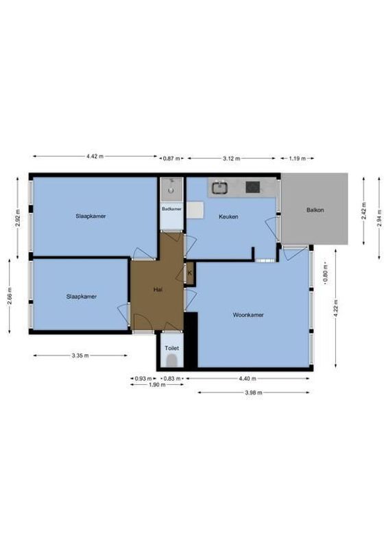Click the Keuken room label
pyautogui.click(x=228, y=216)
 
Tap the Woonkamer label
pyautogui.click(x=248, y=315)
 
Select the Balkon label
pyautogui.click(x=315, y=210)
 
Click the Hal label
pyautogui.click(x=158, y=290)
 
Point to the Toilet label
pyautogui.click(x=171, y=348)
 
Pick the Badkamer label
pyautogui.click(x=171, y=208)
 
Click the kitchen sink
pyautogui.click(x=221, y=186)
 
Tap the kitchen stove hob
pyautogui.click(x=253, y=186)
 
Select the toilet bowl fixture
pyautogui.click(x=172, y=361)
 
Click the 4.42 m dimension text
pyautogui.click(x=95, y=157)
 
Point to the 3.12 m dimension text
pyautogui.click(x=232, y=158)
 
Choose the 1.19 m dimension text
pyautogui.click(x=296, y=158)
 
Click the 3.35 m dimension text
pyautogui.click(x=80, y=356)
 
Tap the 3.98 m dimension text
pyautogui.click(x=255, y=393)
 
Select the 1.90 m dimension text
pyautogui.click(x=157, y=385)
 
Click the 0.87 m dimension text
pyautogui.click(x=171, y=158)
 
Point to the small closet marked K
pyautogui.click(x=190, y=274)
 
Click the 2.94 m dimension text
pyautogui.click(x=379, y=217)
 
